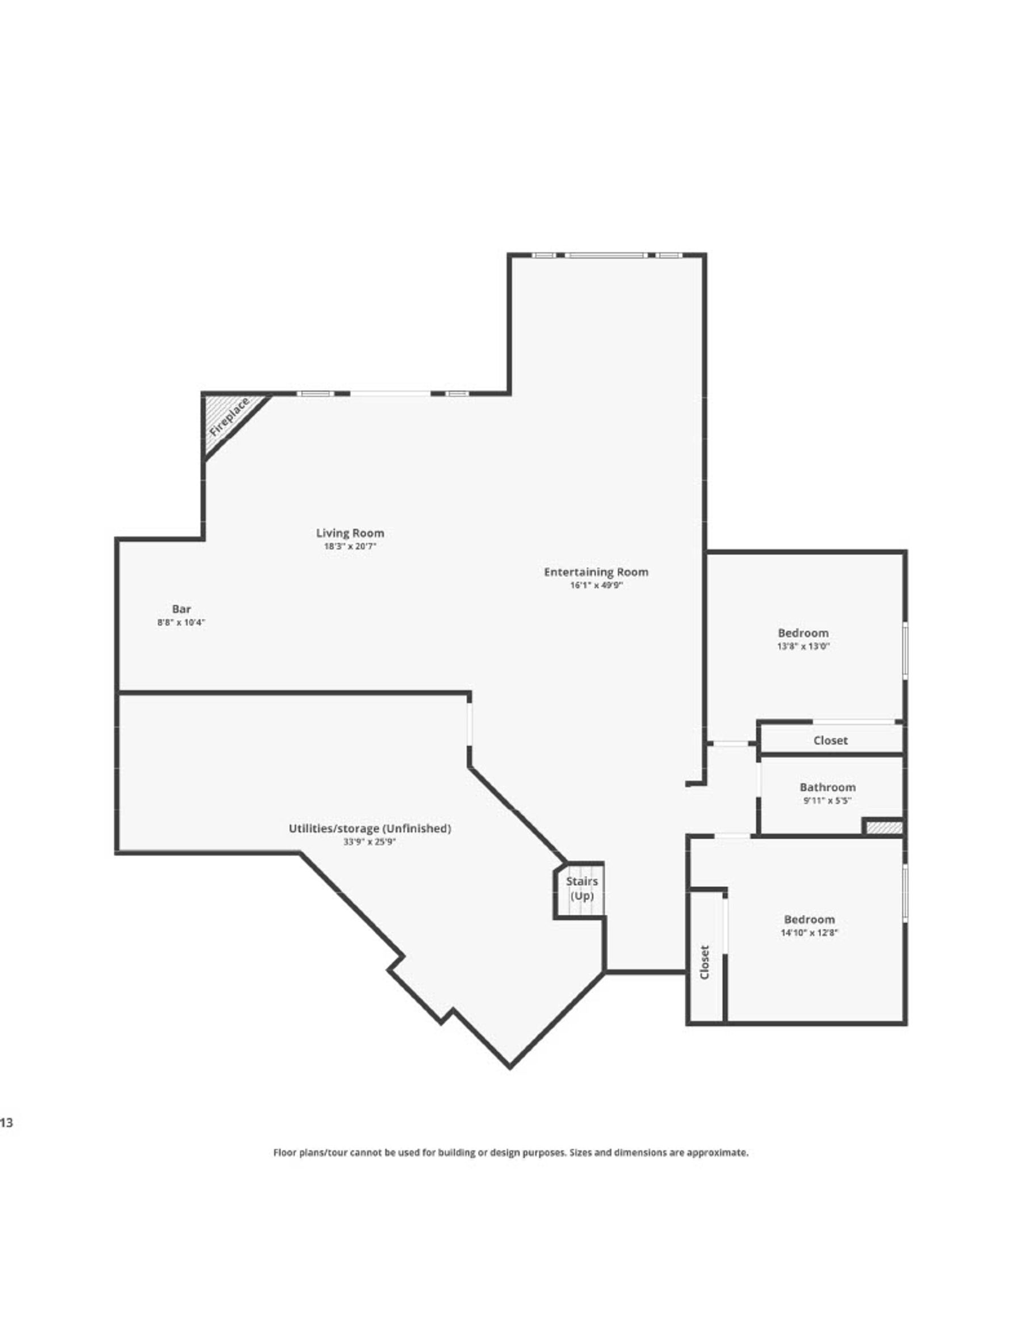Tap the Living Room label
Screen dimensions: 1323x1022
(x=350, y=533)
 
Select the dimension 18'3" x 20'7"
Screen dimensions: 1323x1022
(x=350, y=546)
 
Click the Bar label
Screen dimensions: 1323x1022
(x=181, y=609)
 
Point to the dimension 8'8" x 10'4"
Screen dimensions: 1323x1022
(x=181, y=622)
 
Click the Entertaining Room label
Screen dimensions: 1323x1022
(x=596, y=571)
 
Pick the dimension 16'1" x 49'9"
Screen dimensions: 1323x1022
(x=596, y=585)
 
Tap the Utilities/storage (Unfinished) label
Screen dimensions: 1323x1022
(x=370, y=828)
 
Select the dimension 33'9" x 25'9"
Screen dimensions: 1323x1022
(x=370, y=841)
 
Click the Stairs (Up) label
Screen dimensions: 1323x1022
(x=581, y=888)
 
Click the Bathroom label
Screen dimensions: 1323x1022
(x=827, y=787)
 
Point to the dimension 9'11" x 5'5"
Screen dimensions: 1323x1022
(x=827, y=800)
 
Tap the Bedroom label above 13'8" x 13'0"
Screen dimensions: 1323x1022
(x=803, y=633)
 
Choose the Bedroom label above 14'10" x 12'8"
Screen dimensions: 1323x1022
(x=809, y=919)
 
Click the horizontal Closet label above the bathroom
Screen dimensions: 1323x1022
(x=830, y=740)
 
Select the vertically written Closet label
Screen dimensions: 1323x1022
(x=704, y=962)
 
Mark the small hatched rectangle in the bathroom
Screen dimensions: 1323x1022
(x=883, y=827)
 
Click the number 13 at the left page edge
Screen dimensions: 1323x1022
(x=6, y=1123)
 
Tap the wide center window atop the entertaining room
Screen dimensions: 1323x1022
(x=606, y=256)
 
